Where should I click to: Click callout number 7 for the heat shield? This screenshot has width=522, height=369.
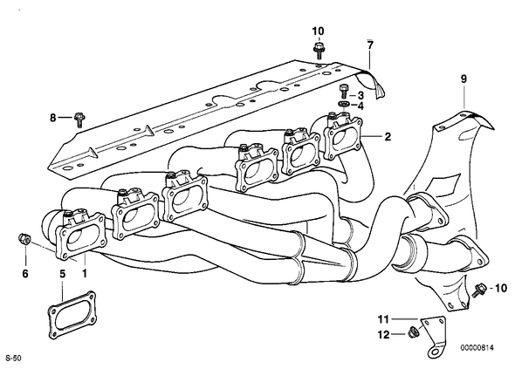(x=370, y=44)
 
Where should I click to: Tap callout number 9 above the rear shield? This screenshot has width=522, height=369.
(x=464, y=79)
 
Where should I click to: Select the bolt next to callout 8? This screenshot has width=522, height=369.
(x=79, y=120)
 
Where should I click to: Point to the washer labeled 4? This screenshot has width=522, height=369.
(x=344, y=104)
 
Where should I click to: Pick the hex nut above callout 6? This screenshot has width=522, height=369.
(x=23, y=238)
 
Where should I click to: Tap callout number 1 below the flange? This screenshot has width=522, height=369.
(x=85, y=274)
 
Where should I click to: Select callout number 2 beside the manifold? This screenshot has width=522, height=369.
(x=388, y=137)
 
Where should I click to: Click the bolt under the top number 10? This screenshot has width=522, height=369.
(x=319, y=51)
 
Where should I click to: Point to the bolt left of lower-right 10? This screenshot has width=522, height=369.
(x=479, y=290)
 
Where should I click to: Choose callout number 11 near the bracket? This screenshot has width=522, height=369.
(x=383, y=319)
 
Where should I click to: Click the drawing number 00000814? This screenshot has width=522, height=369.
(x=477, y=348)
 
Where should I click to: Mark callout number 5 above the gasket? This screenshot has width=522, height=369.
(x=63, y=274)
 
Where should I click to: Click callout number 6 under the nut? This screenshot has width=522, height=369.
(x=25, y=274)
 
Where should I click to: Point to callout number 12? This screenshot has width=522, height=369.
(x=383, y=334)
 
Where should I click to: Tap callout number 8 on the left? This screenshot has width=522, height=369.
(x=53, y=118)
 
